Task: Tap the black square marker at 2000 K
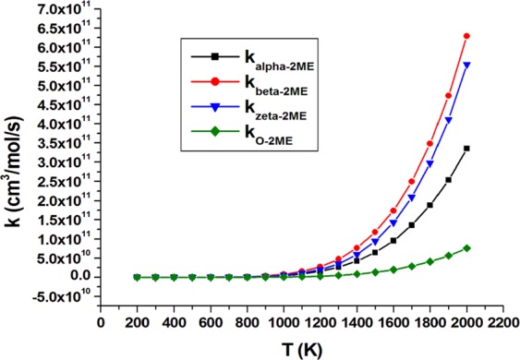pyautogui.click(x=466, y=149)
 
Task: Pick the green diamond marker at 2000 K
pyautogui.click(x=466, y=247)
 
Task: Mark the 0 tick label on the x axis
pyautogui.click(x=100, y=324)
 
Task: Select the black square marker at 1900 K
pyautogui.click(x=448, y=180)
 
